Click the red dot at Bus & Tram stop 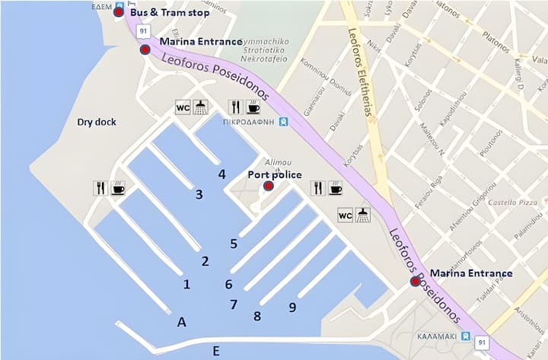point(118,12)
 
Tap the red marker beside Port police point(268,186)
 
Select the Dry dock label point(96,122)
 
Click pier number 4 point(221,174)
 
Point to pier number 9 point(292,307)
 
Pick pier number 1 point(186,285)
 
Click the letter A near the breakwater point(181,322)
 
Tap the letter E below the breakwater point(216,351)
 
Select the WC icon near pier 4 point(183,107)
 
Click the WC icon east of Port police point(345,215)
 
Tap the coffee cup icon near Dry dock point(118,188)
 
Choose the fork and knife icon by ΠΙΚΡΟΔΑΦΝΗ point(235,107)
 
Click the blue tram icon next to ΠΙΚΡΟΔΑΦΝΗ point(283,121)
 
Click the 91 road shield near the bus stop point(142,31)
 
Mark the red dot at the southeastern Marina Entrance point(416,281)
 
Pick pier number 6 point(228,285)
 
